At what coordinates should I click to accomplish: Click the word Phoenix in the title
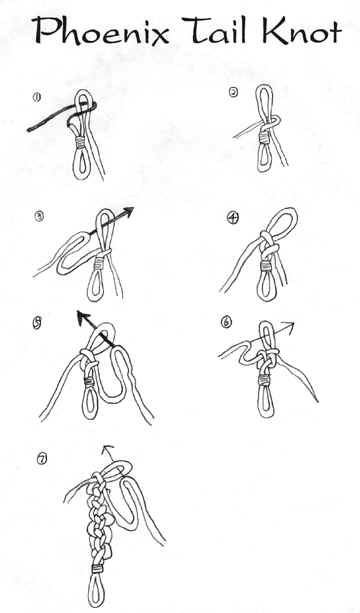point(102,30)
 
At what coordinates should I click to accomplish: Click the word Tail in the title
point(216,30)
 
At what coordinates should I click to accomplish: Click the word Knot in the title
point(300,30)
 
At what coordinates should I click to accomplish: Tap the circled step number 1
point(37,97)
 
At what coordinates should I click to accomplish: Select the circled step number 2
point(233,92)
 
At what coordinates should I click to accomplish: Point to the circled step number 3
point(39,216)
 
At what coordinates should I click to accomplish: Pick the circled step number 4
point(232,218)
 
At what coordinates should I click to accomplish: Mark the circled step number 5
point(38,324)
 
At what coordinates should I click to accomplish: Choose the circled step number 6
point(226,322)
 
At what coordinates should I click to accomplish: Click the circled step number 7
point(41,459)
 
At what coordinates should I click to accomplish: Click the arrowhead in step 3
point(128,212)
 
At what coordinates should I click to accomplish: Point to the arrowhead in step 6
point(288,325)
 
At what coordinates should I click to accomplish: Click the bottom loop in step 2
point(263,158)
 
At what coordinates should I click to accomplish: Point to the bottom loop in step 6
point(266,401)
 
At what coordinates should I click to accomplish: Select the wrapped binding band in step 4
point(266,267)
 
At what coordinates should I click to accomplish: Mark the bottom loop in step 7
point(94,590)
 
